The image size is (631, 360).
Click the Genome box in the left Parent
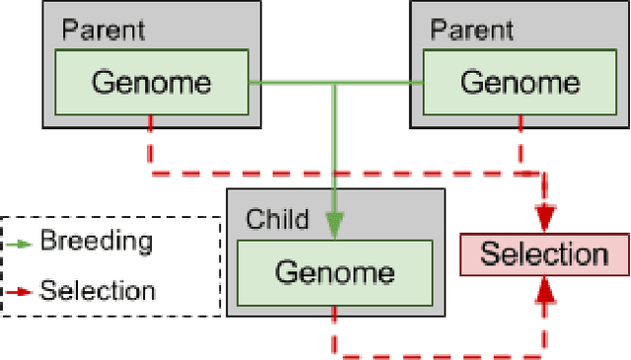coord(150,83)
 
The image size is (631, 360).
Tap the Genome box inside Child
coord(334,271)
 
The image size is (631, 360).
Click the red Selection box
coord(543,254)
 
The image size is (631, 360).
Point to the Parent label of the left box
coord(104,30)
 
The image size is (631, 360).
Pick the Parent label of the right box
coord(470,30)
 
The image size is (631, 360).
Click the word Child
coord(277,218)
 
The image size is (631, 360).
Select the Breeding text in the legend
coord(96,242)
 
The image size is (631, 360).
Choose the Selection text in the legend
coord(97,291)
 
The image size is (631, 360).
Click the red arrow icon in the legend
coord(20,291)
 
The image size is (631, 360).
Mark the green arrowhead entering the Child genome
coord(335,227)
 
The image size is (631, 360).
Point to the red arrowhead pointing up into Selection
coord(544,288)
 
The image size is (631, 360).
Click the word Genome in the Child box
coord(334,271)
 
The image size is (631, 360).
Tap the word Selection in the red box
coord(543,254)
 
